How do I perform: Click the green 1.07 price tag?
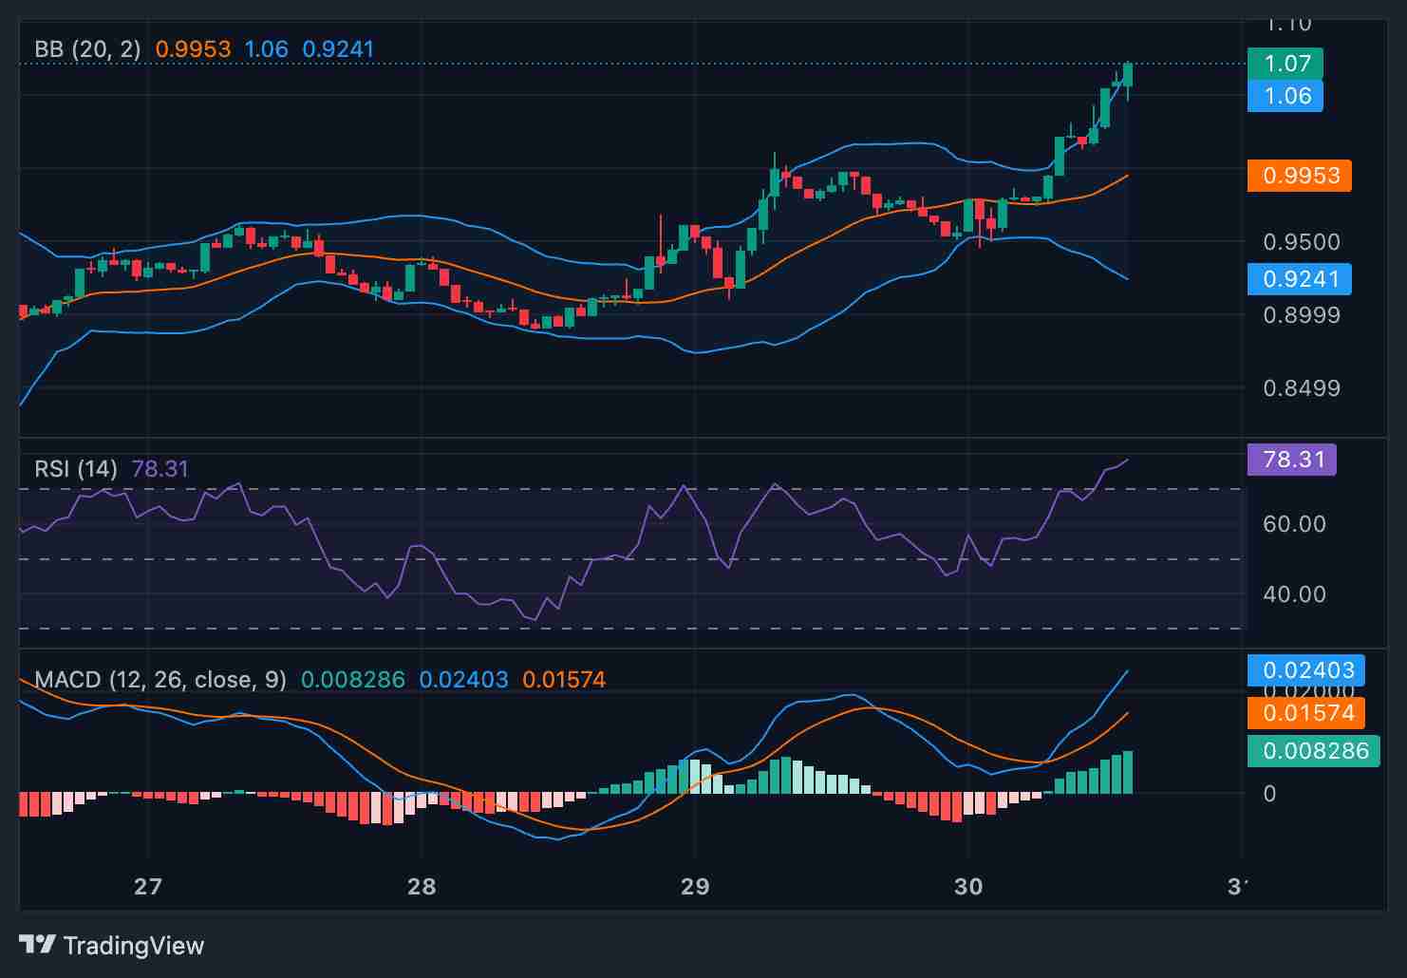1285,64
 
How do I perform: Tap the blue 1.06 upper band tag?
1285,96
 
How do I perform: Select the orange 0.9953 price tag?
1299,176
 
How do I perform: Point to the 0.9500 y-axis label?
1301,242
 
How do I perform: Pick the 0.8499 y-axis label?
1301,388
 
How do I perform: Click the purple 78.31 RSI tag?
1291,460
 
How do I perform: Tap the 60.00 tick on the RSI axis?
1295,524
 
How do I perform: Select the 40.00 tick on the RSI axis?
1295,594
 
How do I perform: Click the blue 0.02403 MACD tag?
1306,670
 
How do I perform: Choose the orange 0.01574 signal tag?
1306,713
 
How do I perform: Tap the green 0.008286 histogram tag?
1313,751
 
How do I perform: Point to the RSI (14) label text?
76,469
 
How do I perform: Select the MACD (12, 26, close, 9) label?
159,680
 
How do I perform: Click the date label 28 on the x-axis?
421,887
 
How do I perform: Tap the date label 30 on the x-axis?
968,887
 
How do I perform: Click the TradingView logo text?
133,946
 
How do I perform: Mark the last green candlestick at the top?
1128,74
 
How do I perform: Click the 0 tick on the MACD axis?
1269,794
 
